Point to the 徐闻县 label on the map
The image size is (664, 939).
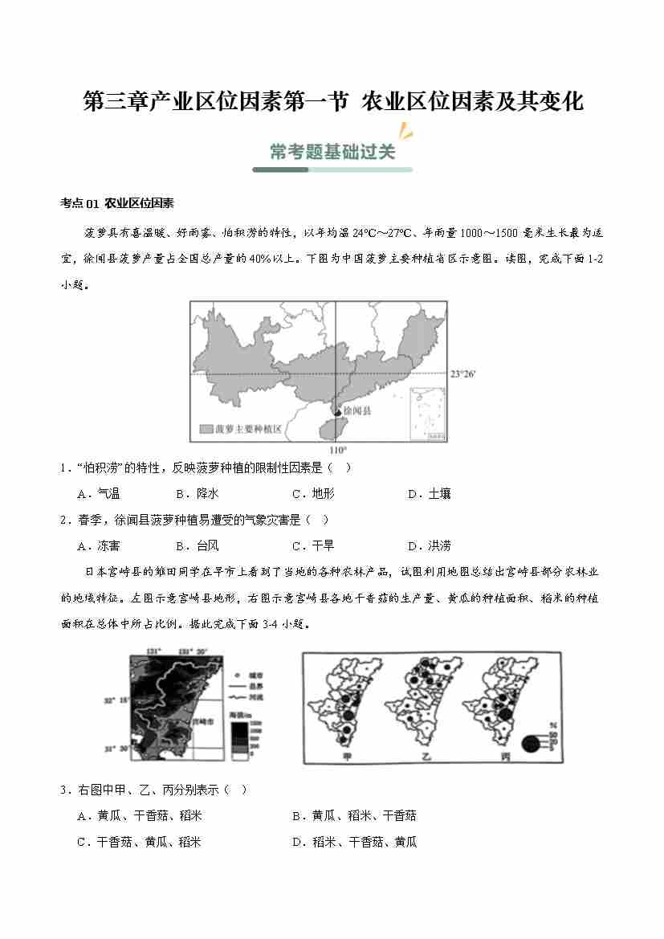click(x=356, y=410)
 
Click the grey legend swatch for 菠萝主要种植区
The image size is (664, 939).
click(x=206, y=430)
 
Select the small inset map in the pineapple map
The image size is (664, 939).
click(x=428, y=414)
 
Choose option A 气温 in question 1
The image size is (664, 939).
click(x=99, y=494)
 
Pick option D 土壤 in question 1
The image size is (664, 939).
click(x=430, y=494)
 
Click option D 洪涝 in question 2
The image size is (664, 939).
click(x=430, y=546)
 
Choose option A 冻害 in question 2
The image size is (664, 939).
click(x=99, y=546)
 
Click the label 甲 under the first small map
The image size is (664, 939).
click(x=347, y=757)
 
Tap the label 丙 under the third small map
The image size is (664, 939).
click(x=504, y=757)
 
